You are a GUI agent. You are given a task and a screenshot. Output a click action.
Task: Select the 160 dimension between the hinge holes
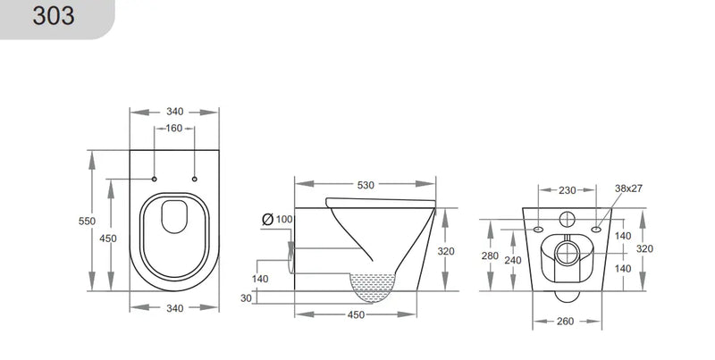click(x=174, y=128)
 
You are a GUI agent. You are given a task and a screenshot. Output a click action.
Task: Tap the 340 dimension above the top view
click(x=174, y=112)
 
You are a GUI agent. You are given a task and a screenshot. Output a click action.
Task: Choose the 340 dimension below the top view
click(x=174, y=308)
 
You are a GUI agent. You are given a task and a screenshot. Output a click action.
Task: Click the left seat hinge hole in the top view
click(x=155, y=180)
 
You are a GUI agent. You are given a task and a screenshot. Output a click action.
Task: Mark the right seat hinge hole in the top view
click(x=194, y=180)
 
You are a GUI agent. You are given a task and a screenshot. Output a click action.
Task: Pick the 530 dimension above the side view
click(x=365, y=186)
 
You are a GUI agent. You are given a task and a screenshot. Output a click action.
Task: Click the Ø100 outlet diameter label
click(x=278, y=219)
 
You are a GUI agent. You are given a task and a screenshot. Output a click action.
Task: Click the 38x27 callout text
click(x=629, y=189)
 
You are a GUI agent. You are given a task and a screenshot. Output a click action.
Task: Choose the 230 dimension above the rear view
click(x=568, y=189)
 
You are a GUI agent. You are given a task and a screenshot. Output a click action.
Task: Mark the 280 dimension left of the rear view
click(x=491, y=255)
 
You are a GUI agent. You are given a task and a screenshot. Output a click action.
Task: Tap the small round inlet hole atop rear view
click(x=568, y=220)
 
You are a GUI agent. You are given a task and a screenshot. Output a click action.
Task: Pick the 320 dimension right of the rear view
click(x=644, y=249)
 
